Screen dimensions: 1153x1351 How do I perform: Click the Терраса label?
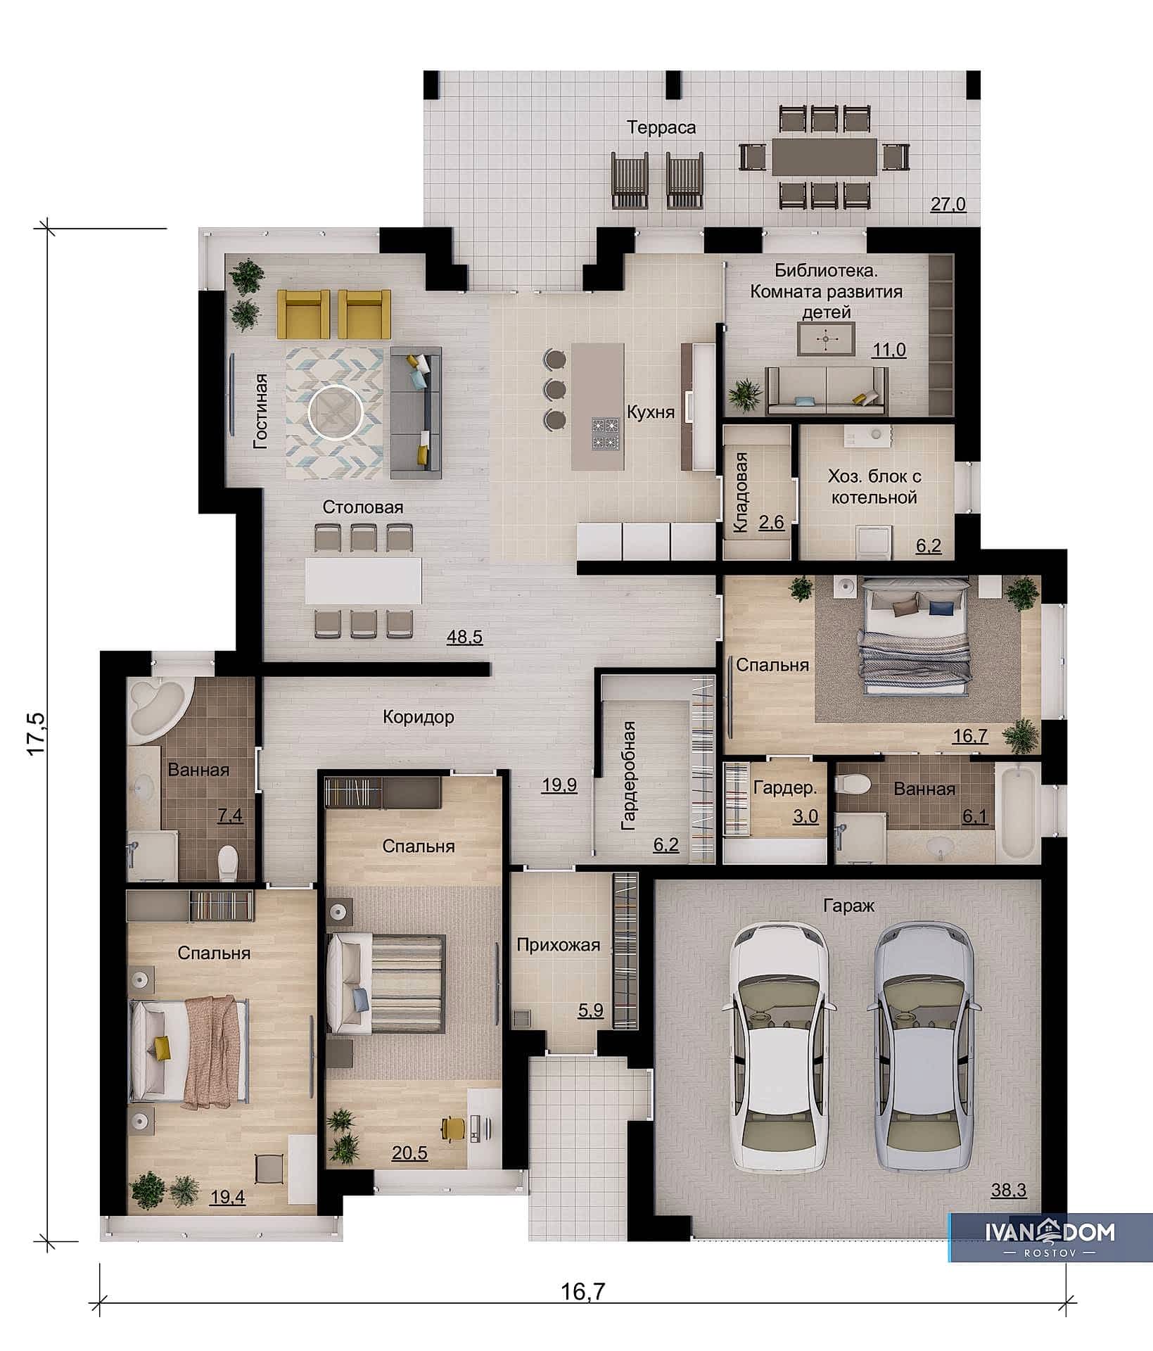tap(661, 127)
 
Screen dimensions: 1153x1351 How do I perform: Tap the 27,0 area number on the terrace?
tap(948, 205)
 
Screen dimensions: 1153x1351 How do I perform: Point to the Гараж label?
tap(849, 906)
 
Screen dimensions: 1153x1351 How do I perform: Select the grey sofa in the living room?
tap(416, 412)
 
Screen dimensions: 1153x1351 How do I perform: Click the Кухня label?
tap(651, 412)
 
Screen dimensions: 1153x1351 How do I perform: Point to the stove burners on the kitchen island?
tap(606, 434)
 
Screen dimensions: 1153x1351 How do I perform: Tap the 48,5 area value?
tap(465, 637)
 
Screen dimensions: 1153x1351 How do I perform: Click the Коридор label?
tap(419, 717)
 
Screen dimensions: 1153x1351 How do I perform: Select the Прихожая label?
tap(559, 944)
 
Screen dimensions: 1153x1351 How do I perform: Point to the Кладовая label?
tap(740, 492)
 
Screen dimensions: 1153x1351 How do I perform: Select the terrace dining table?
tap(824, 156)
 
